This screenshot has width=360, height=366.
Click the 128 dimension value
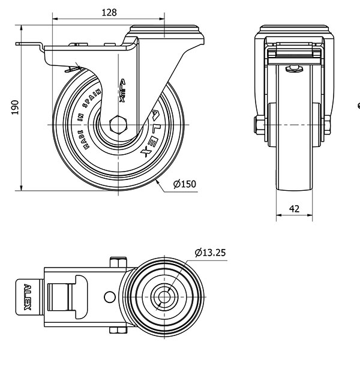109,13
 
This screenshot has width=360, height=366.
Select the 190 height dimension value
15,107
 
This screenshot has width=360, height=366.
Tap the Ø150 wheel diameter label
185,184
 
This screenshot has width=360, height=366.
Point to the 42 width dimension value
294,208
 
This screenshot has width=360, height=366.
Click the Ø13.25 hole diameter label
210,253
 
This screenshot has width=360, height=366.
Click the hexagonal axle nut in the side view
118,125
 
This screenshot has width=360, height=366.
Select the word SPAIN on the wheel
92,98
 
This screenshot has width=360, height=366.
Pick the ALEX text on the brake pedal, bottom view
28,297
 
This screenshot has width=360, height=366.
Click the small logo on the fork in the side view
122,91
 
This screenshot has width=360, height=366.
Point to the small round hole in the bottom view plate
109,297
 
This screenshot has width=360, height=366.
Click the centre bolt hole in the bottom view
164,297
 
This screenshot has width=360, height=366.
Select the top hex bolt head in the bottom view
118,262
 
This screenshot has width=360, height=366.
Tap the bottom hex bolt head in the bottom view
118,330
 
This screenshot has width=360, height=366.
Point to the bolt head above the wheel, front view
294,69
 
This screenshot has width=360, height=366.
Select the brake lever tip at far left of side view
17,44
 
